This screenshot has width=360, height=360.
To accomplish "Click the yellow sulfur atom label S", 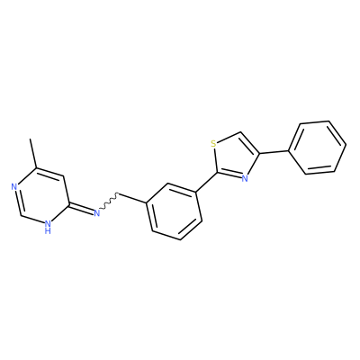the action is (x=213, y=144).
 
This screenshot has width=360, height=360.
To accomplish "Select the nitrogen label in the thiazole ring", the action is (x=245, y=179).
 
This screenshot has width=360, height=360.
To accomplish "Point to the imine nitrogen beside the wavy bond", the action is (x=96, y=213).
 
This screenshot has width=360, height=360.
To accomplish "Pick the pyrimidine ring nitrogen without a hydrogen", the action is (x=13, y=187).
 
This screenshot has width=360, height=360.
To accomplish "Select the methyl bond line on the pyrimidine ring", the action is (x=33, y=153).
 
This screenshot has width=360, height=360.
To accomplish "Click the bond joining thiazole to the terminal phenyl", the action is (x=274, y=152).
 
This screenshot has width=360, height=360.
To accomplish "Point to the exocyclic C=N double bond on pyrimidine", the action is (x=81, y=209).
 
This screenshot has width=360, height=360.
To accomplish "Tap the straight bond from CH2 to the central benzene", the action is (x=133, y=199).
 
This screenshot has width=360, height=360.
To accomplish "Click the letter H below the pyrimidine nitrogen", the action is (x=48, y=231).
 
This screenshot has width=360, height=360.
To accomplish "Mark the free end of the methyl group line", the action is (x=30, y=139).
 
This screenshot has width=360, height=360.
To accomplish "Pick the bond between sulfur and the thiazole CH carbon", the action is (x=228, y=137).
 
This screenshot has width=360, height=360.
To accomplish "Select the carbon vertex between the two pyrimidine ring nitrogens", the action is (x=21, y=215).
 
